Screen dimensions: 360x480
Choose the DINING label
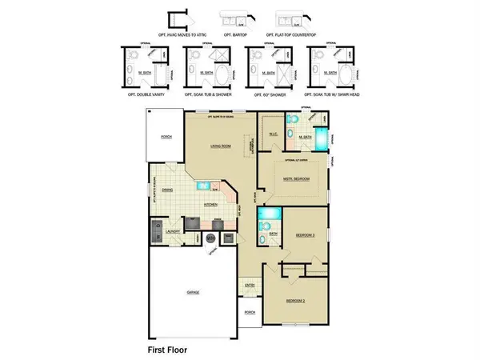[167, 190]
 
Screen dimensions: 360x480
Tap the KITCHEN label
[212, 206]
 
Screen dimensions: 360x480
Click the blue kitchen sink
[204, 186]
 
